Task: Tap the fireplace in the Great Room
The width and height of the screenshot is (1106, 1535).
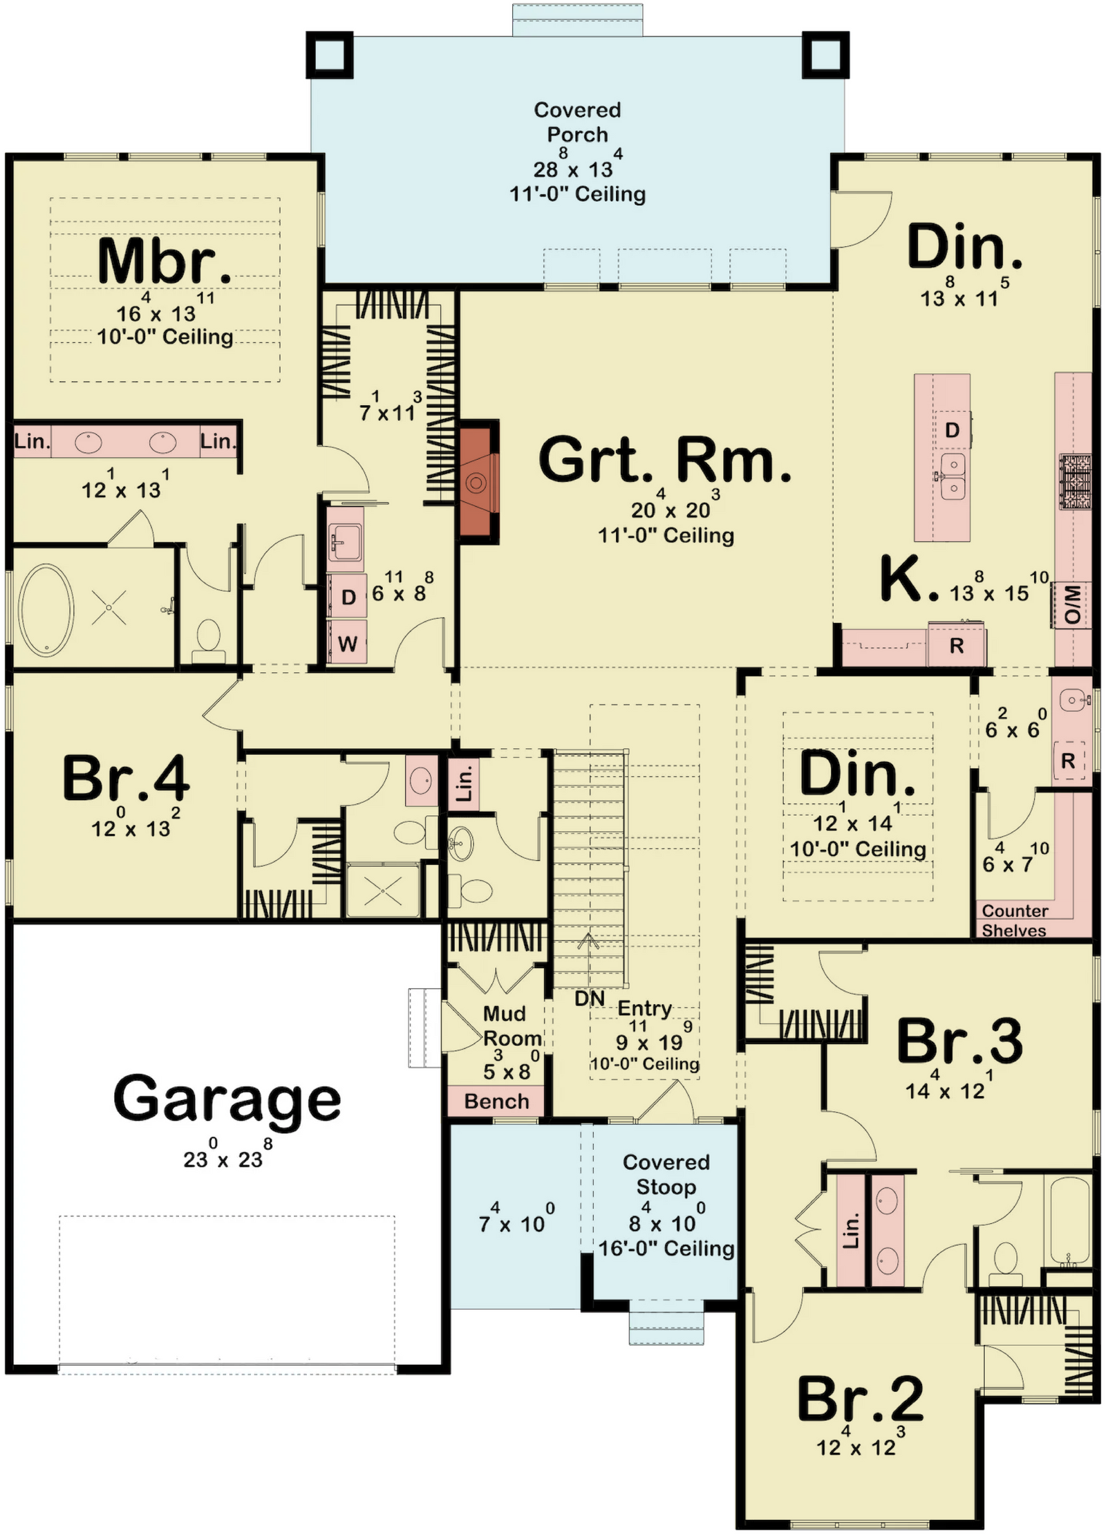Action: pyautogui.click(x=478, y=482)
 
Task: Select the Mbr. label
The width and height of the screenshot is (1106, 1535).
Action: pyautogui.click(x=165, y=261)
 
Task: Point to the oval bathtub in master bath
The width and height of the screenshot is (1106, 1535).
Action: pyautogui.click(x=46, y=611)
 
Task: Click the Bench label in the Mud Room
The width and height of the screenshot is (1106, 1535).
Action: pyautogui.click(x=496, y=1101)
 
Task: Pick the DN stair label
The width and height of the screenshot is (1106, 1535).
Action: pyautogui.click(x=590, y=998)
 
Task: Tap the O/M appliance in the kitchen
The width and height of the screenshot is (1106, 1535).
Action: pyautogui.click(x=1071, y=604)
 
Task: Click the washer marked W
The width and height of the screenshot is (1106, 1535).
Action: pyautogui.click(x=347, y=643)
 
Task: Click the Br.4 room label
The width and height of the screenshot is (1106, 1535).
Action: pyautogui.click(x=126, y=778)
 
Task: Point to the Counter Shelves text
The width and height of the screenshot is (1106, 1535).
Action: pyautogui.click(x=1014, y=920)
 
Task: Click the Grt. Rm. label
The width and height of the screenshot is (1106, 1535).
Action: pyautogui.click(x=665, y=460)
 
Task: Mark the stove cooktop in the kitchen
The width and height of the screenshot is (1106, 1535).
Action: pyautogui.click(x=1075, y=482)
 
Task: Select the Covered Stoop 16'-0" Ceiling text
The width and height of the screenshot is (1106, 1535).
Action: pyautogui.click(x=666, y=1248)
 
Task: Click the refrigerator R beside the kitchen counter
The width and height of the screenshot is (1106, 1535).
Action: pyautogui.click(x=957, y=645)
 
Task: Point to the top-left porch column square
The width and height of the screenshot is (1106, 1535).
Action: pyautogui.click(x=330, y=55)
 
